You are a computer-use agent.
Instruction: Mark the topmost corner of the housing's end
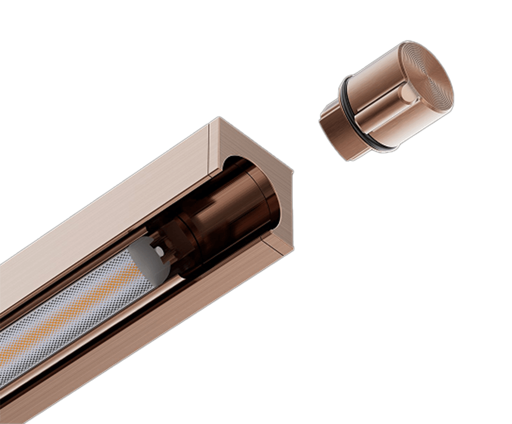[x=218, y=118]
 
